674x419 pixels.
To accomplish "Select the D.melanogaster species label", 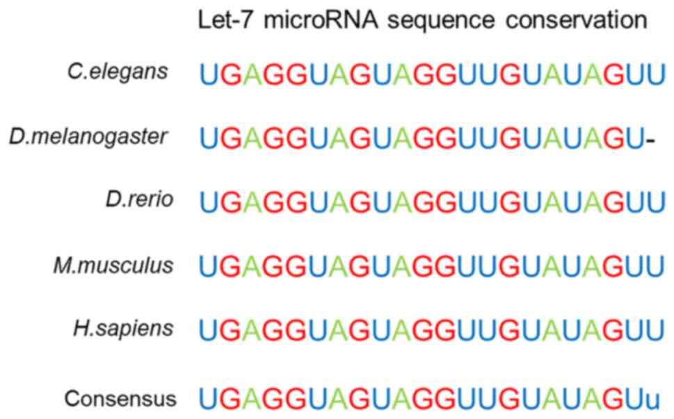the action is [x=89, y=135].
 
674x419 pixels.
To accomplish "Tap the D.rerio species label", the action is [x=137, y=200].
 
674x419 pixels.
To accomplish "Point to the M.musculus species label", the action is [x=113, y=265].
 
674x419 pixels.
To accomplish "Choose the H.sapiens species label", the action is [x=122, y=329].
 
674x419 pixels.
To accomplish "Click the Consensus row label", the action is [x=120, y=399].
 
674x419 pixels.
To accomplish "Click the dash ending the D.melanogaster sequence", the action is [x=650, y=142].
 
